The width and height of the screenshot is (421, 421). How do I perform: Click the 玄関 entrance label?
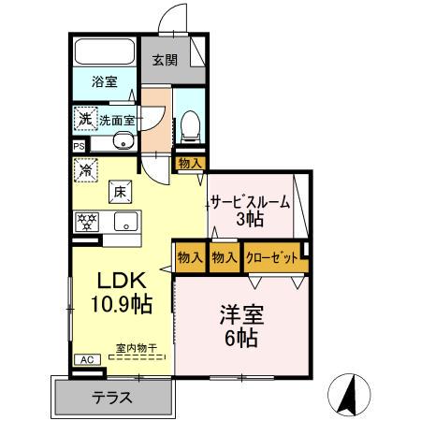coord(165,61)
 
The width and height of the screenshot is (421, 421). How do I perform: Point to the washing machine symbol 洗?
coord(84,119)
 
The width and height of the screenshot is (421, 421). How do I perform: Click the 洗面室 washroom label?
coord(118,120)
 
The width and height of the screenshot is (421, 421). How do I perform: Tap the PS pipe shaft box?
coord(79,145)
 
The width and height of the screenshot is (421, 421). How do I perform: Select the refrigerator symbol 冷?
coord(85,170)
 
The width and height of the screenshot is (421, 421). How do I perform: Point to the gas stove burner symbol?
coord(87,222)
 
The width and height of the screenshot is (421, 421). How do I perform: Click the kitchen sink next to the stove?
coord(125,222)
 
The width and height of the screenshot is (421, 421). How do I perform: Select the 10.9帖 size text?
coord(121,303)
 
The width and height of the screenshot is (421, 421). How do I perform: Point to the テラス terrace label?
coord(111,396)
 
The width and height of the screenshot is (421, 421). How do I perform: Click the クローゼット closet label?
coord(273,257)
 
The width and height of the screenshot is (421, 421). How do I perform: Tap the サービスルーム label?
coord(250,202)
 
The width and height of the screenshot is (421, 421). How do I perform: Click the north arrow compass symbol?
coord(347,394)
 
